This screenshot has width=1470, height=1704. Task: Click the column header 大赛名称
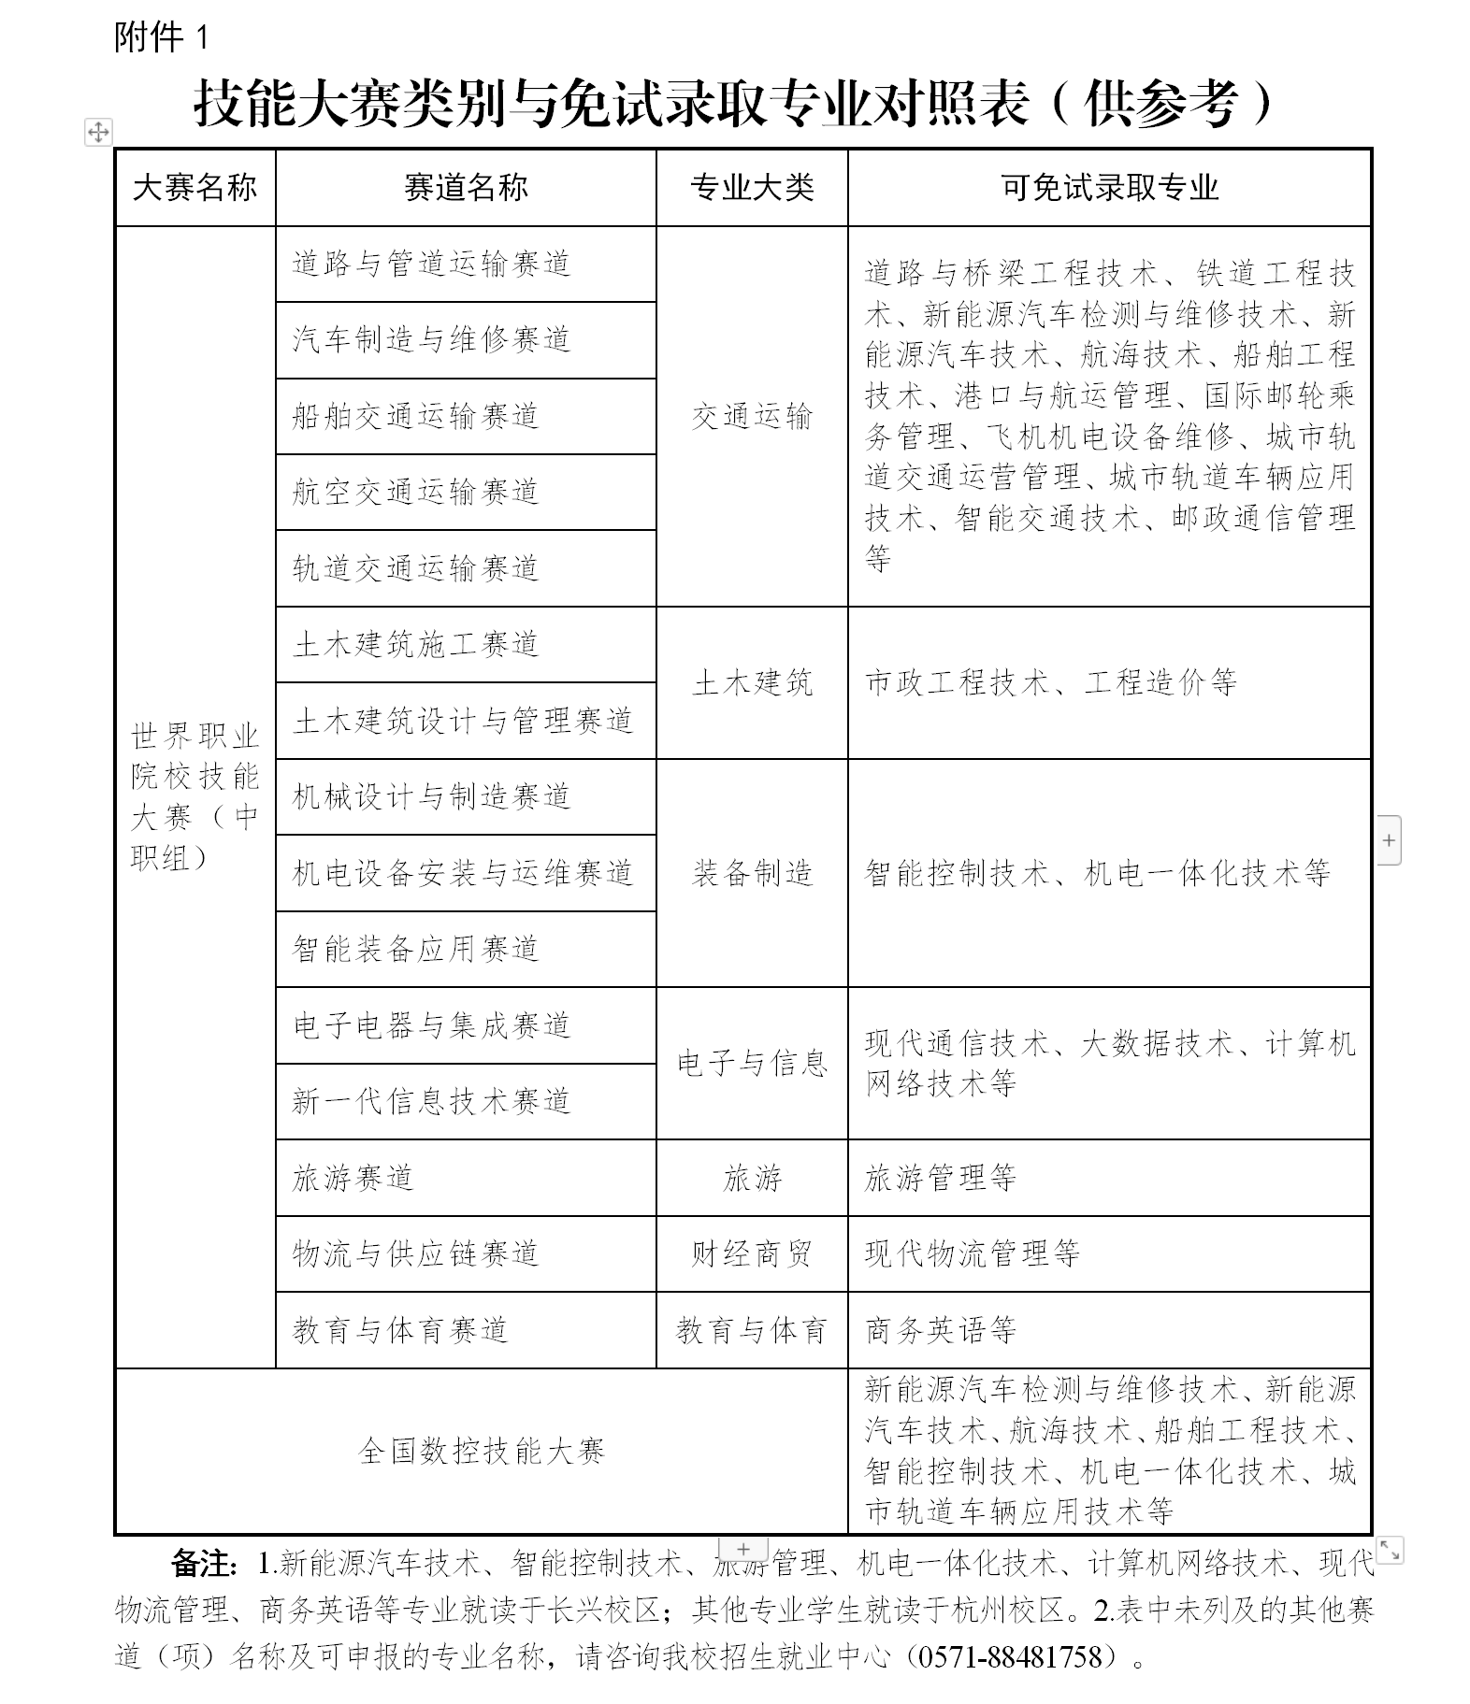(x=195, y=188)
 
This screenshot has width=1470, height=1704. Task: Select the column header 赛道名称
(x=466, y=188)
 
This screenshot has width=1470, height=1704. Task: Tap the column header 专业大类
(x=752, y=188)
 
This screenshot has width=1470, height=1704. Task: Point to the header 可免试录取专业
(x=1109, y=188)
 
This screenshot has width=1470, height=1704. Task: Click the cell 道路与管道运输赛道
(x=431, y=264)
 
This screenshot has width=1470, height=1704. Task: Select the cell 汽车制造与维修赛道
(x=431, y=339)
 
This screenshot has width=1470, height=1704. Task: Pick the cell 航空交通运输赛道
(x=415, y=492)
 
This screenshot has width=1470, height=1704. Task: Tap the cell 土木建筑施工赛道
(x=415, y=644)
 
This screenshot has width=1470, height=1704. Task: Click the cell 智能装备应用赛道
(x=415, y=949)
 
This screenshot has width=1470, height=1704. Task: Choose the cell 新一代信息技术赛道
(x=431, y=1101)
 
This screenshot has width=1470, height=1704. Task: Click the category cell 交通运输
(x=752, y=416)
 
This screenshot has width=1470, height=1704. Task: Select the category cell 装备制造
(x=752, y=873)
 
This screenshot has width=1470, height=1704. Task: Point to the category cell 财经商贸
(x=752, y=1253)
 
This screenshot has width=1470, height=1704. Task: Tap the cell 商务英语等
(x=940, y=1330)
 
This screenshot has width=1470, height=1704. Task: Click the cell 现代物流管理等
(x=972, y=1253)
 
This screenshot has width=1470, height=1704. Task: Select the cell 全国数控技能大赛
(x=482, y=1451)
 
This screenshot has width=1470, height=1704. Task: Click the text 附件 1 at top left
(x=161, y=37)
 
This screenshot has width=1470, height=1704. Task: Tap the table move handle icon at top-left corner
(x=98, y=132)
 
